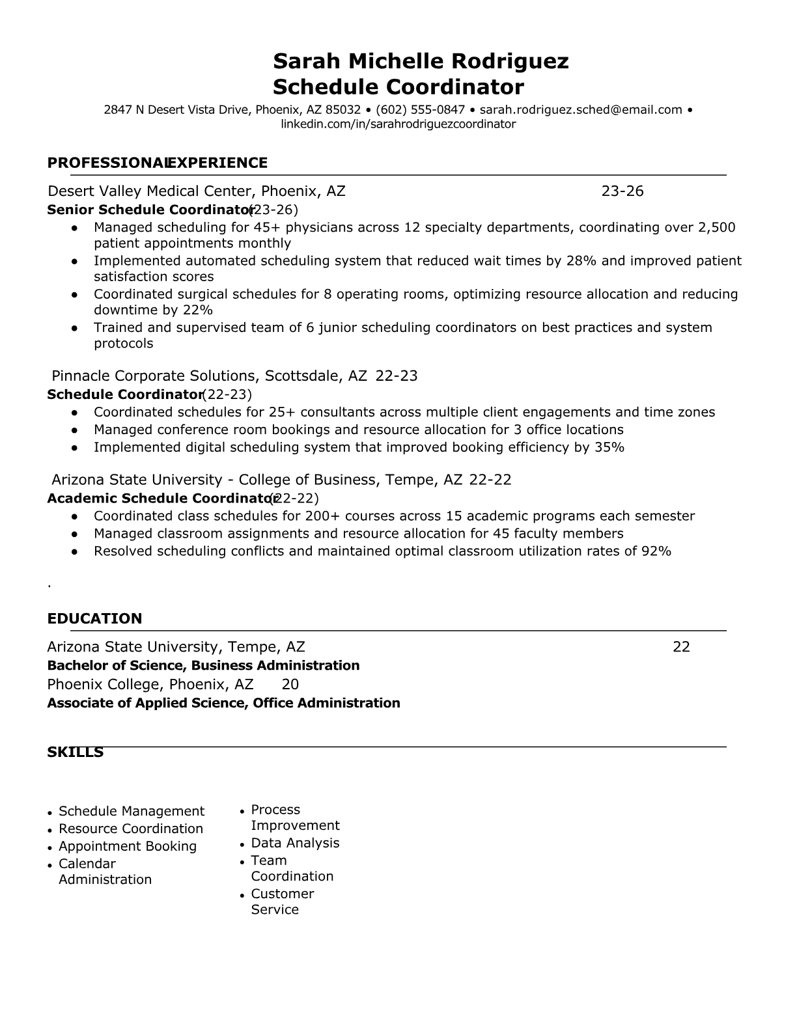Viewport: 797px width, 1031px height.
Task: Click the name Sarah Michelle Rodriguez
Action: (421, 61)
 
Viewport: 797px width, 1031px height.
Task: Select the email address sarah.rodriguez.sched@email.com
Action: (581, 110)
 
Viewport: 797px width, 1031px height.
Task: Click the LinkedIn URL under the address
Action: (398, 124)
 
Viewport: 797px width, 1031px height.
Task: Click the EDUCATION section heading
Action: (94, 618)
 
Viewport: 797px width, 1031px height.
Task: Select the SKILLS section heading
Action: (76, 752)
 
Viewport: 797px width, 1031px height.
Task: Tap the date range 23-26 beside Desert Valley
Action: (622, 191)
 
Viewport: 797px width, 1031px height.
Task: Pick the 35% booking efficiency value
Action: (609, 447)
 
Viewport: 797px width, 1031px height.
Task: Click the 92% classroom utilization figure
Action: (656, 551)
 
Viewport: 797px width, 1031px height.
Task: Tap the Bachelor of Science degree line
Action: (203, 665)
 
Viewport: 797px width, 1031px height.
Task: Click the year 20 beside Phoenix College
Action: (290, 684)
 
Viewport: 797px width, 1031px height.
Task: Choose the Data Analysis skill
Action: (295, 843)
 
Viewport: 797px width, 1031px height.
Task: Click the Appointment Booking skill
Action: (128, 846)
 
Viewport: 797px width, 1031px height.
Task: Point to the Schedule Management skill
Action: (132, 811)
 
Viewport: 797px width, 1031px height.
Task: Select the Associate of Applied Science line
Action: (223, 703)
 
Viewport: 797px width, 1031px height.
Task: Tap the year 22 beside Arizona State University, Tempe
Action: (681, 646)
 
